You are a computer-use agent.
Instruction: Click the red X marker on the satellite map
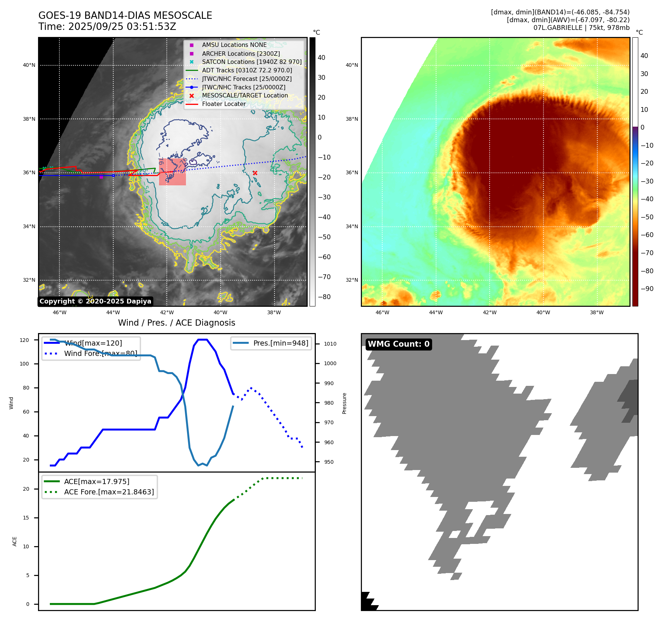point(255,173)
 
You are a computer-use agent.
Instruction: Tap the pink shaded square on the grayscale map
point(172,172)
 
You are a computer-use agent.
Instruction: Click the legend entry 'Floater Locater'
point(224,104)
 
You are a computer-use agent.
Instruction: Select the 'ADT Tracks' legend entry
point(247,70)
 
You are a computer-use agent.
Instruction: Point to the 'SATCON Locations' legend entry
point(252,62)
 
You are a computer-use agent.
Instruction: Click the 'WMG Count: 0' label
point(398,344)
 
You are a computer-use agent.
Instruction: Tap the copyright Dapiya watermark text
point(95,301)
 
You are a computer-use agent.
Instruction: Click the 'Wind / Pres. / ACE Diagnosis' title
point(176,323)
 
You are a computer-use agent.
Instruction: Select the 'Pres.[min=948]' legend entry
point(280,343)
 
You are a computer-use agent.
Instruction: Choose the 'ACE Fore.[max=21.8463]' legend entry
point(109,492)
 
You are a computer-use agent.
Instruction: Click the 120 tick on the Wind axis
point(24,340)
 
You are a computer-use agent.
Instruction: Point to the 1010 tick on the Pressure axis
point(330,344)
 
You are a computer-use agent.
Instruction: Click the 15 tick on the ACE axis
point(26,518)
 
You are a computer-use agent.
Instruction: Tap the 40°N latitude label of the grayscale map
point(29,65)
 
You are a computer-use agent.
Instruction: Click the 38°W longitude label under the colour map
point(597,312)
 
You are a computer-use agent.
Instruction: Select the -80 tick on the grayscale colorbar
point(324,297)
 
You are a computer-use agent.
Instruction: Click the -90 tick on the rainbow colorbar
point(647,289)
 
